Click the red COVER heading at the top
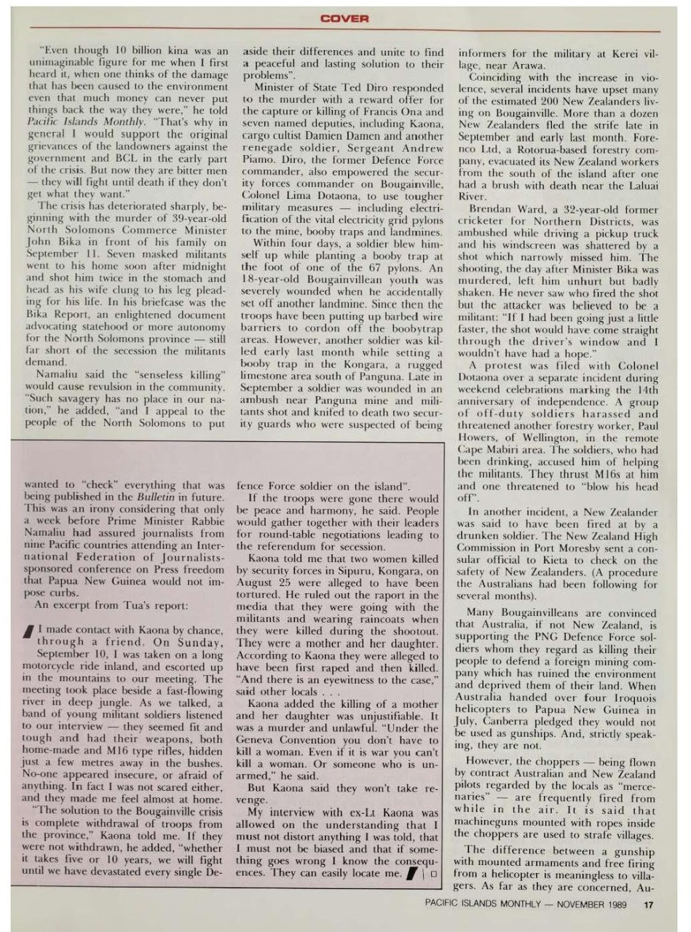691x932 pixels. click(345, 19)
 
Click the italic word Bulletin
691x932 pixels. click(169, 494)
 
